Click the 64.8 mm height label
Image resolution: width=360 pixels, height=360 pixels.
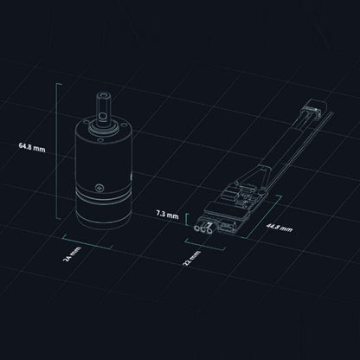click(32, 147)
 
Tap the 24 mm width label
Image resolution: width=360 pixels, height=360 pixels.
click(72, 254)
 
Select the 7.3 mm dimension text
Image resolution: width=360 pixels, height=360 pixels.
click(167, 215)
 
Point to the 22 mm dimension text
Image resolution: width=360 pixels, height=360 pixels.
click(192, 258)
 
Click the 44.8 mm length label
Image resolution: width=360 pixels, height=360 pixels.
click(280, 228)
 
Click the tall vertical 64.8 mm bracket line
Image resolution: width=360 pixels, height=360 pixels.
click(57, 151)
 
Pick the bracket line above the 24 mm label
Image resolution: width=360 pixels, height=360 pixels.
click(87, 241)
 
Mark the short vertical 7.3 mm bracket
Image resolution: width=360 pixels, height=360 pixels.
click(187, 219)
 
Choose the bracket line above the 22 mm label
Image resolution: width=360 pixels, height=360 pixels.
click(205, 244)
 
